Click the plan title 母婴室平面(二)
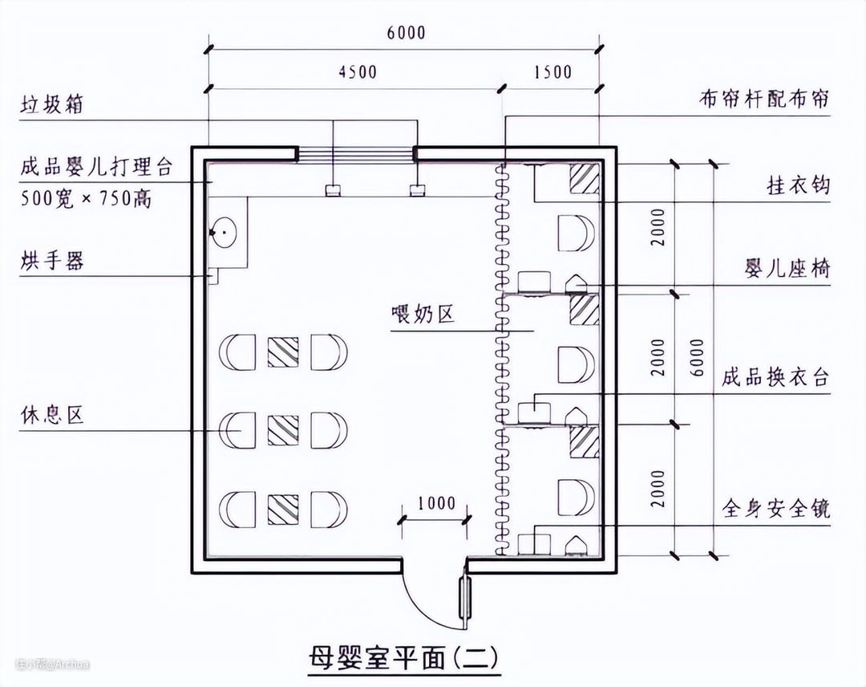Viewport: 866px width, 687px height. pos(403,657)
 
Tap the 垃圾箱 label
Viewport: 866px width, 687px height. pos(52,104)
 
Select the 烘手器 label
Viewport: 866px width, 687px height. pos(52,260)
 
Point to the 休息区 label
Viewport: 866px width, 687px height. pos(52,414)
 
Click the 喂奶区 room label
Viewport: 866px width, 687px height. pos(423,314)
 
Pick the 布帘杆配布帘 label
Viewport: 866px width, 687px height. pos(764,100)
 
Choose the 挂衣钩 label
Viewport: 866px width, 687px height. pos(799,185)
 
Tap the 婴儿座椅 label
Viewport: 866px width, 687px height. pos(787,269)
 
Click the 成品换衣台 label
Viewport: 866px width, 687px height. pos(776,377)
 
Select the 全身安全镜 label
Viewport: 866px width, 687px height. pos(776,508)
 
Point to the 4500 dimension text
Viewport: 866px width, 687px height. pos(358,72)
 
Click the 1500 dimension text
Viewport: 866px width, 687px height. pos(552,72)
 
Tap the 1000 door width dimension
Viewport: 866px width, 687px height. pos(435,503)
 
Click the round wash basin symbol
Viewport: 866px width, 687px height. pos(224,232)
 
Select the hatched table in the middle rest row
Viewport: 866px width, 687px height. pos(283,430)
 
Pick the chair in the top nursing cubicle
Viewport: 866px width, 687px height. pos(576,234)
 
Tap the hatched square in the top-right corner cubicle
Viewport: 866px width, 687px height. pos(585,178)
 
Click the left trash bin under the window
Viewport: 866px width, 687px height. pos(331,191)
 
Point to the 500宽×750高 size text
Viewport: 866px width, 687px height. pos(86,198)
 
